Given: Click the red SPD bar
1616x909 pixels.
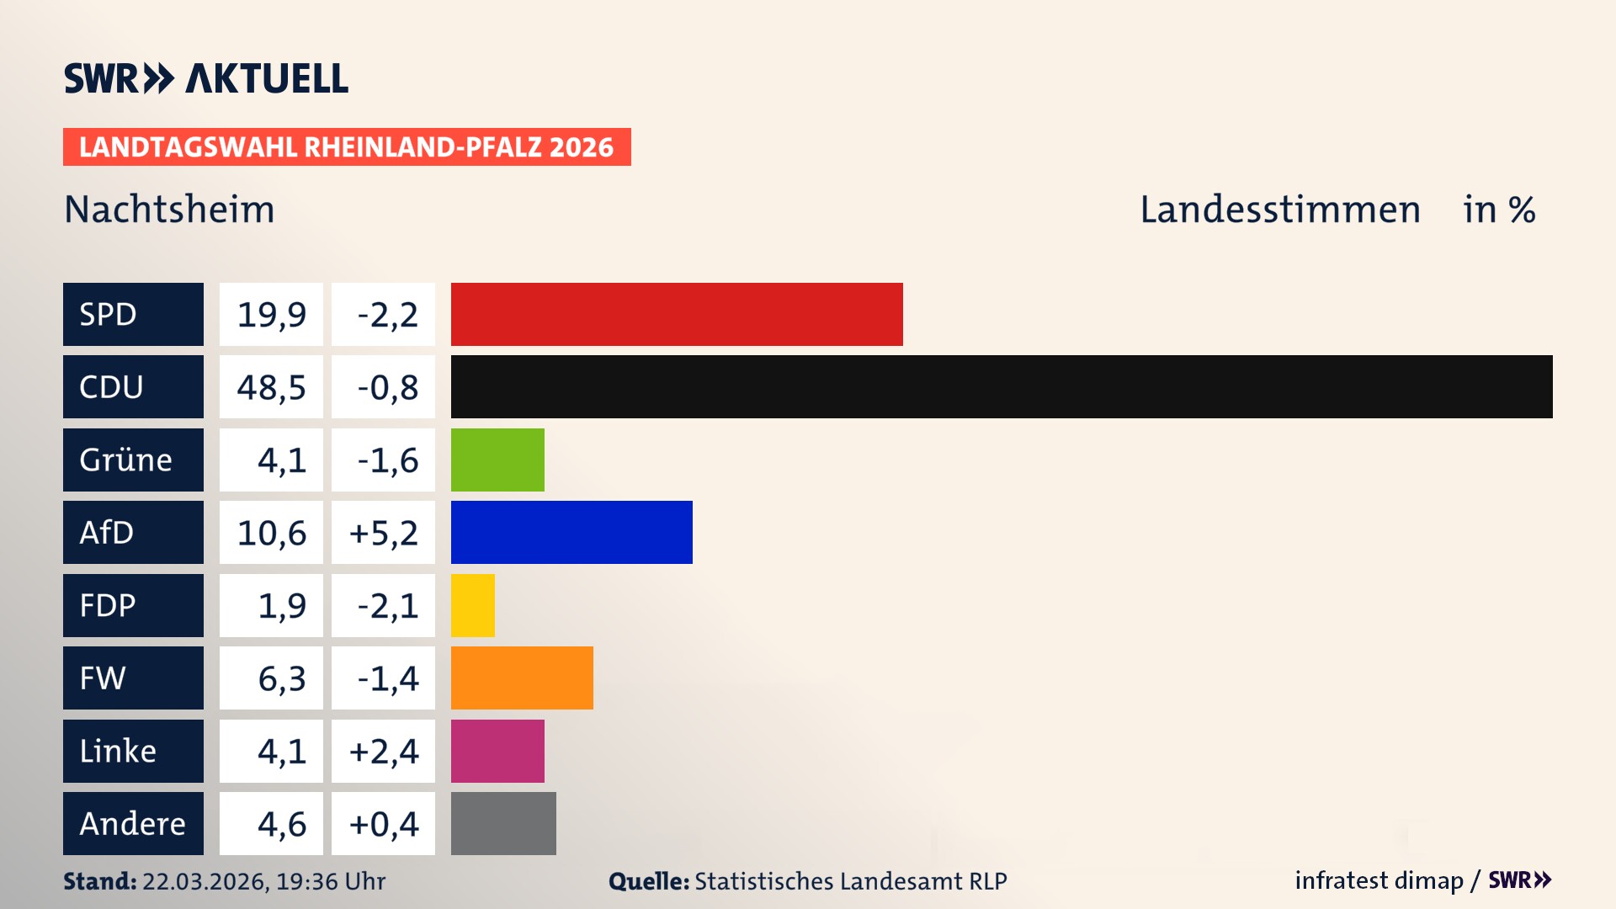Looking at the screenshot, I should [x=677, y=314].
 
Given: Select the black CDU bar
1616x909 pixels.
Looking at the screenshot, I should [x=1002, y=387].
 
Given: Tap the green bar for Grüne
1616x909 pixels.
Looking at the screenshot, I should [x=497, y=460].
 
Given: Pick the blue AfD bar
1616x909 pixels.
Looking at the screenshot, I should [x=571, y=532].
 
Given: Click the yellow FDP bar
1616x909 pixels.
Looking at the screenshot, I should [x=473, y=605].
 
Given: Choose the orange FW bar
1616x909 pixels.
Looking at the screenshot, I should [x=522, y=678].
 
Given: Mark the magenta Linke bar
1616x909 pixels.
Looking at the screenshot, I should [x=497, y=751].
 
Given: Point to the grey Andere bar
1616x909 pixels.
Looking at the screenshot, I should [x=503, y=823].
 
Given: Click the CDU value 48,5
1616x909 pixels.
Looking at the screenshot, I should [x=271, y=387].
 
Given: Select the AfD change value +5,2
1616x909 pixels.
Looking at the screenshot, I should [x=383, y=533].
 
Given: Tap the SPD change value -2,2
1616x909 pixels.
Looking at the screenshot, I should [x=383, y=315].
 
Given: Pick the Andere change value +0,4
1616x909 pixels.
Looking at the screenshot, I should [x=383, y=824].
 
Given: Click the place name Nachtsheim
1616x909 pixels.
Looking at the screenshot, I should [x=169, y=210].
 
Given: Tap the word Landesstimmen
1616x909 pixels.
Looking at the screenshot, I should [x=1279, y=210].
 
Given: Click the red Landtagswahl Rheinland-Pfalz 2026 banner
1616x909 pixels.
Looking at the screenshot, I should [x=347, y=147].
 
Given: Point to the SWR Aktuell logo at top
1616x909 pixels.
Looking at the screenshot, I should [x=206, y=78].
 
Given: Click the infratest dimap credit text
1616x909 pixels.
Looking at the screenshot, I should [x=1378, y=880].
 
